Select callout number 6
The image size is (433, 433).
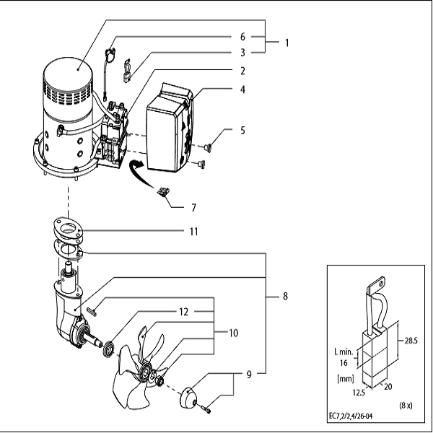[243, 35]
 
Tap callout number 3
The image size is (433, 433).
[243, 53]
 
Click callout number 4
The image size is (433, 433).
[243, 89]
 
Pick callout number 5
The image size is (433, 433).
[243, 131]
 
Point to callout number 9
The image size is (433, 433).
[248, 375]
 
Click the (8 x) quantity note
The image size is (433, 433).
[406, 406]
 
